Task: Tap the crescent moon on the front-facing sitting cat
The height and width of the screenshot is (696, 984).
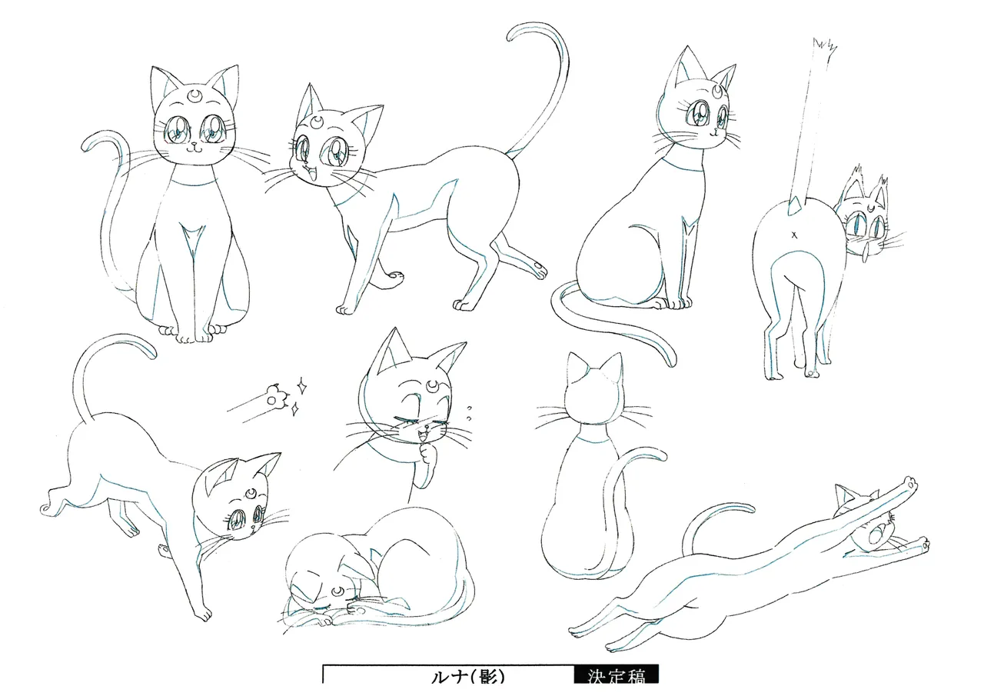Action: [x=194, y=95]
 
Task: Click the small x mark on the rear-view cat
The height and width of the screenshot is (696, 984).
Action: [x=794, y=235]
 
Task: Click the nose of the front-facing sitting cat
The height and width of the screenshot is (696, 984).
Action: [x=193, y=144]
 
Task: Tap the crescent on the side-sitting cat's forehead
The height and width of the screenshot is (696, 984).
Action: [x=717, y=91]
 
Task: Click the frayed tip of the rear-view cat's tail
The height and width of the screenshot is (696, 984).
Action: [x=825, y=48]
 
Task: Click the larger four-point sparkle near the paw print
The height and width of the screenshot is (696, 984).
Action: [x=302, y=386]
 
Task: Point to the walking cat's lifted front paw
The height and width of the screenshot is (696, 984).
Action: [x=395, y=277]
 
